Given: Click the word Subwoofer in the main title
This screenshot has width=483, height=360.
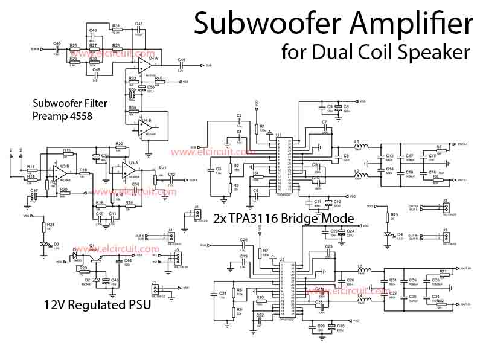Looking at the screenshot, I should [x=261, y=24].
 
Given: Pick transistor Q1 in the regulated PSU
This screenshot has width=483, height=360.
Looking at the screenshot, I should [x=92, y=254].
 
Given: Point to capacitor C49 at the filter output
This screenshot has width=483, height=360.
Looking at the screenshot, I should [x=181, y=65].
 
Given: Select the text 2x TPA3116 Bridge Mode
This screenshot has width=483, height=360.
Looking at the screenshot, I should [x=284, y=217].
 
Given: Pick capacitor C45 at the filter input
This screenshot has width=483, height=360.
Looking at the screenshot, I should [x=57, y=48].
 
